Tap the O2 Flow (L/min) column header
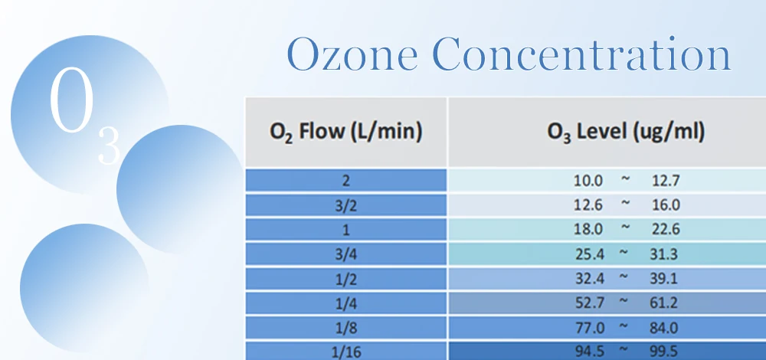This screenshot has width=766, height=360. click(x=346, y=132)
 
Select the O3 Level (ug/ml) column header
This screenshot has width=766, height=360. click(x=626, y=132)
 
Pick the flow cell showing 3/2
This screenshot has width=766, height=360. click(x=346, y=205)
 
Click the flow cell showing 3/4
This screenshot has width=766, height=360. click(x=346, y=254)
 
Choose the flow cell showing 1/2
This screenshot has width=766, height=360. click(x=346, y=279)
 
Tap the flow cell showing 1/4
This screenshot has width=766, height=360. click(x=346, y=303)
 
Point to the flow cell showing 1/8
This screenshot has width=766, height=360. click(x=346, y=328)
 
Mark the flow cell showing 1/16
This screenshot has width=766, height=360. click(x=346, y=351)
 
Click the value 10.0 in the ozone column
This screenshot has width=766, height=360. click(x=589, y=182)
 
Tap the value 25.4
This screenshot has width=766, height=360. click(x=589, y=254)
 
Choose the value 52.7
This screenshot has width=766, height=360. click(x=589, y=303)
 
